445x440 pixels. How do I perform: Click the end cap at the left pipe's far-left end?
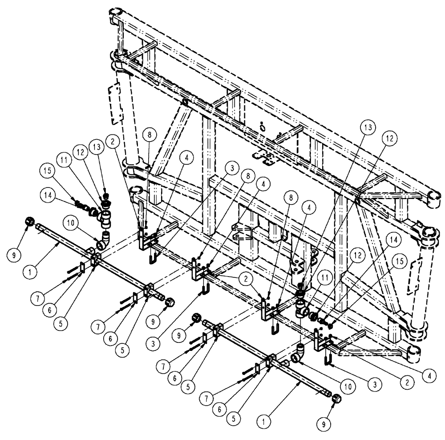point(29,220)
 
